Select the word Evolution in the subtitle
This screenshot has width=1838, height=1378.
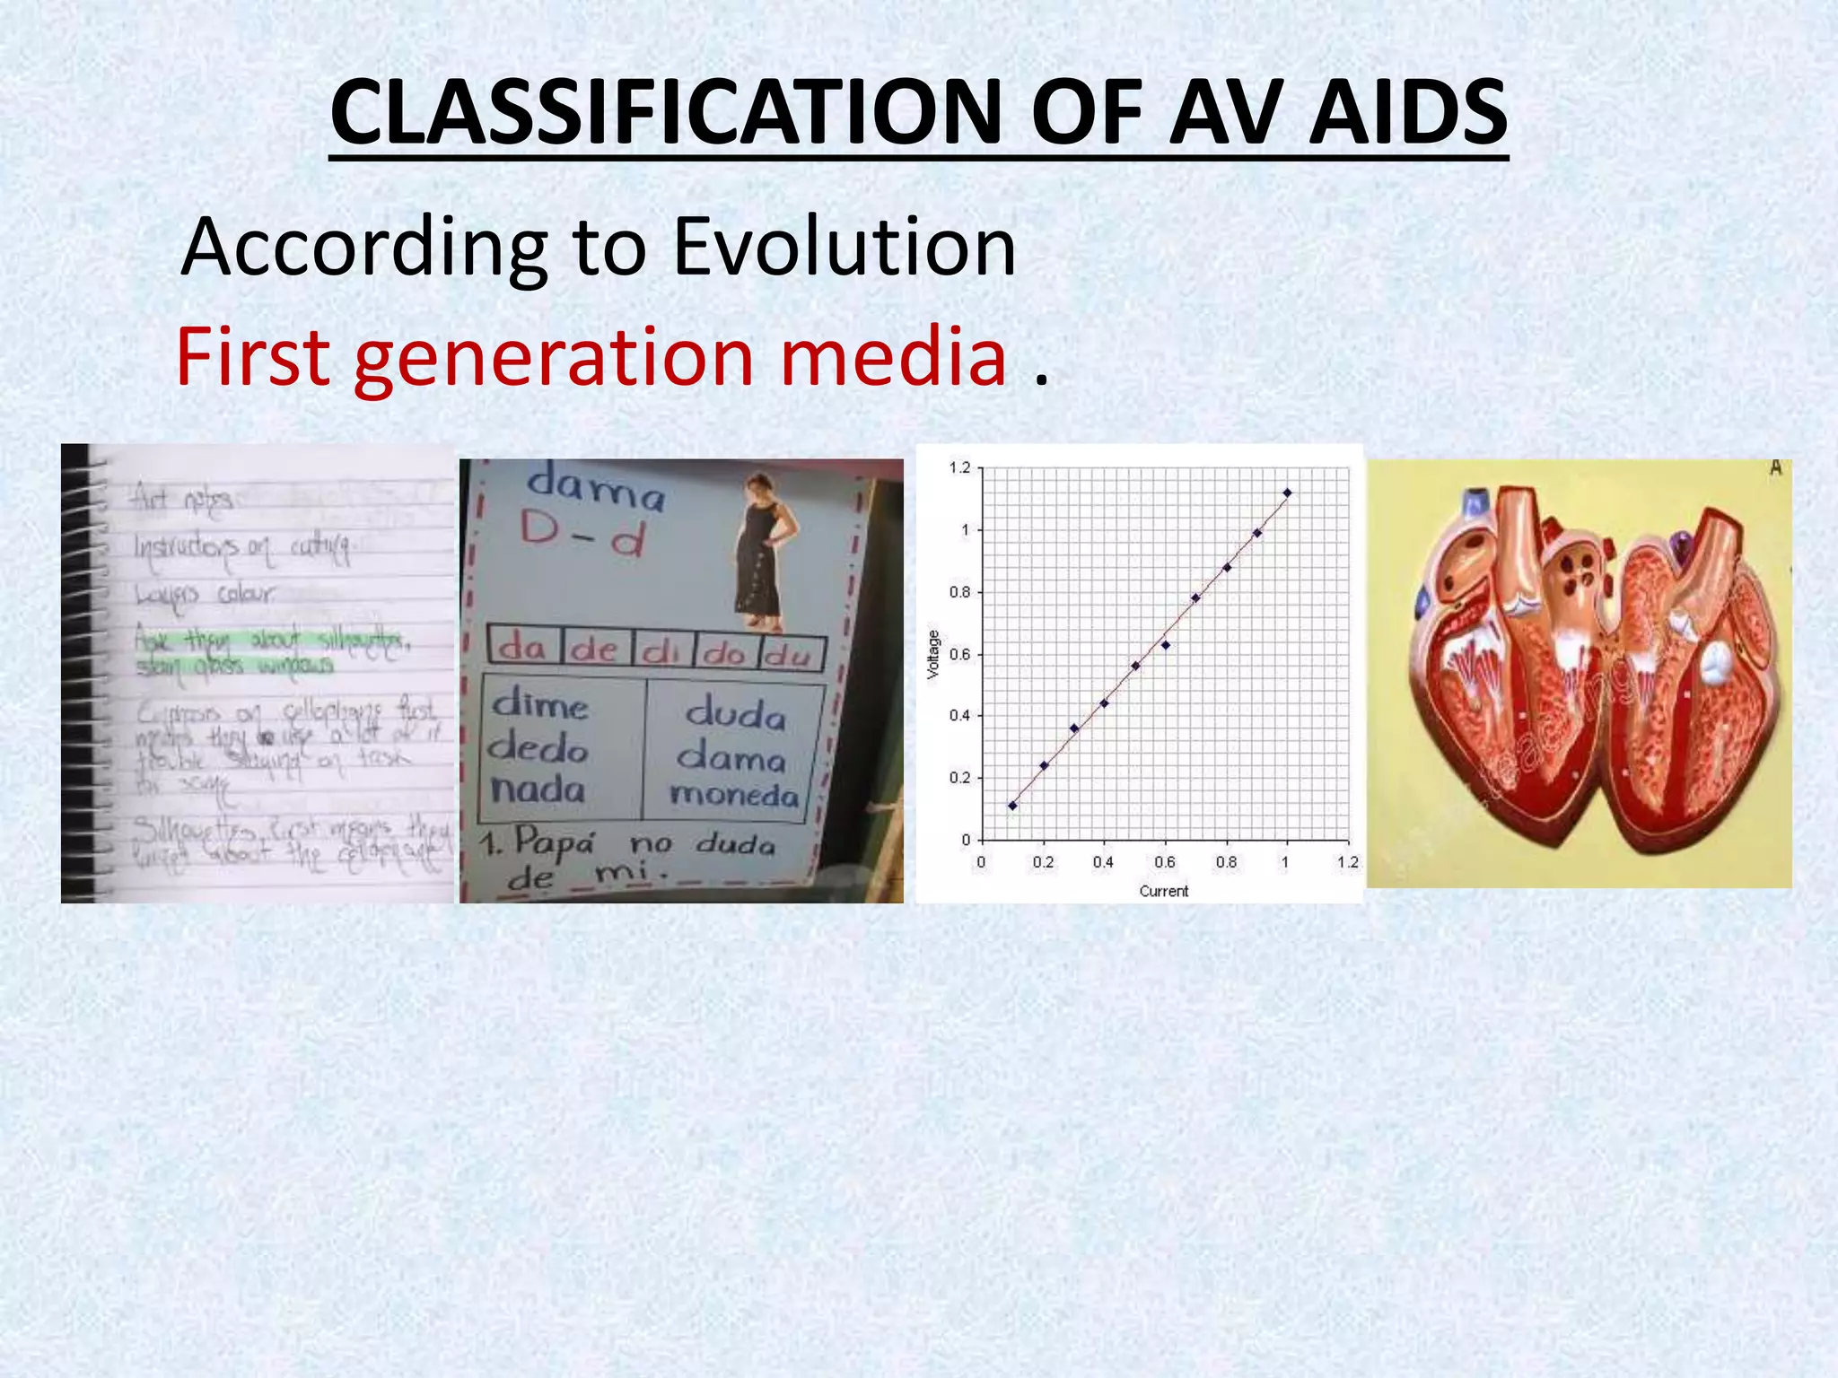(x=844, y=247)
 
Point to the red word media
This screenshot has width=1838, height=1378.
(x=893, y=357)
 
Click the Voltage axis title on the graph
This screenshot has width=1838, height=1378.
(x=933, y=654)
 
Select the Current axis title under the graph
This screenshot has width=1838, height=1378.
(x=1163, y=891)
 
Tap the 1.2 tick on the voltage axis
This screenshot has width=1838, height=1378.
(x=959, y=467)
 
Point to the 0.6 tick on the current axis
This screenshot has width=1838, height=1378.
(x=1164, y=862)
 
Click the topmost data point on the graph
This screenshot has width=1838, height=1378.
(x=1287, y=493)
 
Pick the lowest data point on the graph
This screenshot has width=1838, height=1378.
(x=1012, y=806)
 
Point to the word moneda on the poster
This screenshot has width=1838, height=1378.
(x=734, y=795)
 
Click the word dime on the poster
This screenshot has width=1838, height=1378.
(x=540, y=705)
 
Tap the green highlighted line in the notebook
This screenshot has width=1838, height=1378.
(x=269, y=641)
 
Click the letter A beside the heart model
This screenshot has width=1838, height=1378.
(x=1774, y=468)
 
